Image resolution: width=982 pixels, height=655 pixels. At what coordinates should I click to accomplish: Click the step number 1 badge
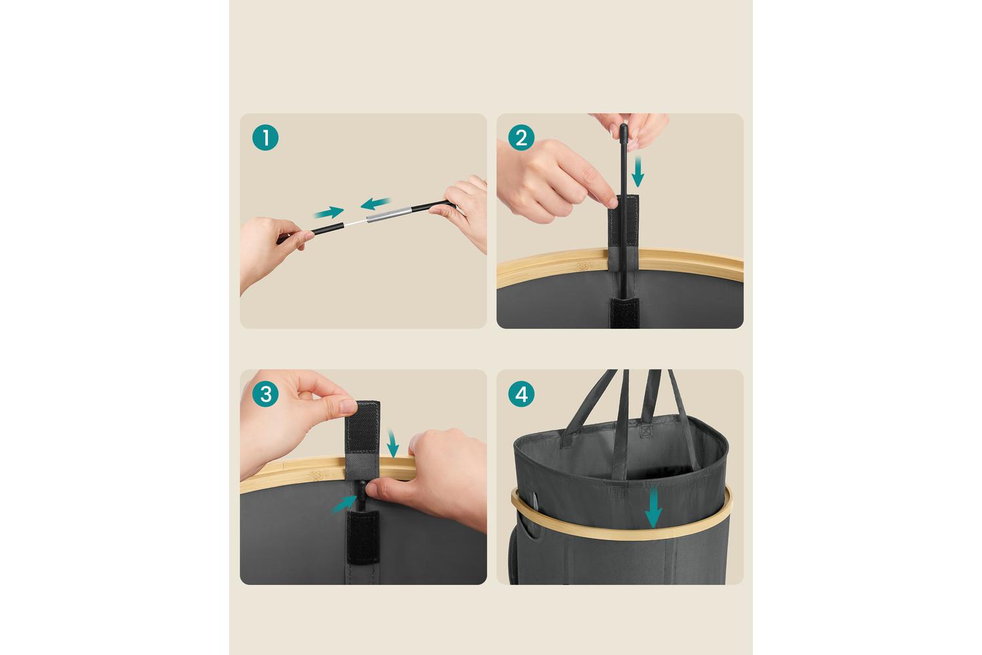coord(265,138)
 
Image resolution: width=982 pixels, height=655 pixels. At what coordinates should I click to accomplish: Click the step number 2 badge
coord(521,138)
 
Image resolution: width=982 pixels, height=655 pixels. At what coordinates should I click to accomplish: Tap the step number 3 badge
coord(265,394)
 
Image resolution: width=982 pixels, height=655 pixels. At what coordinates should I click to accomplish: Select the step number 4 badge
coord(521,394)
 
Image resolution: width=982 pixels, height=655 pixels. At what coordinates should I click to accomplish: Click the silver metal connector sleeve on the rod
coord(389,215)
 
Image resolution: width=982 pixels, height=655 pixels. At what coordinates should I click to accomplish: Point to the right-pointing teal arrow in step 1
coord(329,212)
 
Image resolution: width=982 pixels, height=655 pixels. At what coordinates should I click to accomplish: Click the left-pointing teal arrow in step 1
coord(375,203)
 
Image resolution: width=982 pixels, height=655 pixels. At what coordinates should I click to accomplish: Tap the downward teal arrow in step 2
coord(638,172)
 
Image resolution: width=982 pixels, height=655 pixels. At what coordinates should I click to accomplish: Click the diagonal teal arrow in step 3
coord(344,504)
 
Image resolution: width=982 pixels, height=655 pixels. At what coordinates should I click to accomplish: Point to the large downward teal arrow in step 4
coord(653,508)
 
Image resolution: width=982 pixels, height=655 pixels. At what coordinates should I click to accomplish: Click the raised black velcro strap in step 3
coord(363,434)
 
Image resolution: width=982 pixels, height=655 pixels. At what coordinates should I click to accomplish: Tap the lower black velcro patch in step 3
coord(363,537)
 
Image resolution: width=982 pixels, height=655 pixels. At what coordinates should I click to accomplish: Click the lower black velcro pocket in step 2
coord(625,313)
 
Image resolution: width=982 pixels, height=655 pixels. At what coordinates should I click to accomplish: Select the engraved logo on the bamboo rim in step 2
coord(583,266)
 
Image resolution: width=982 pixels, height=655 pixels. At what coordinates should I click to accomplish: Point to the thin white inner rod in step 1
coord(355,223)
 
